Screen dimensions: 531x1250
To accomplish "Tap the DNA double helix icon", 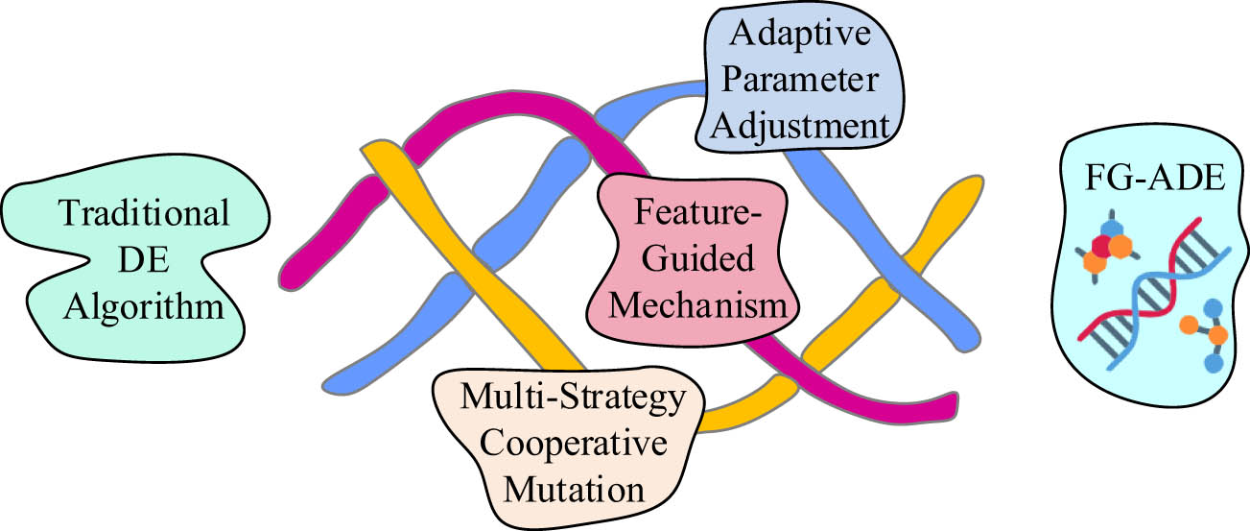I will (1152, 289).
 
